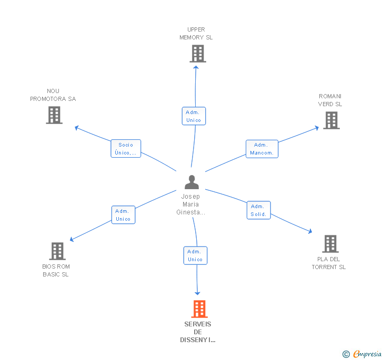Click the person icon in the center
tap(191, 182)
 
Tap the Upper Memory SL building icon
tap(197, 54)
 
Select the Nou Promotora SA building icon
tap(54, 115)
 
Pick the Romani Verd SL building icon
tap(331, 120)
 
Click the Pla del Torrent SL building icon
tap(330, 244)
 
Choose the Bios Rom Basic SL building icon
tap(57, 251)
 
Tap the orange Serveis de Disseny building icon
tap(199, 309)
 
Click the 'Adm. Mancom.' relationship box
tap(261, 149)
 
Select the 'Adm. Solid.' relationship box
tap(258, 210)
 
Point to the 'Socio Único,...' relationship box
tap(126, 149)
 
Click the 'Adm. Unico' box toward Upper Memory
tap(194, 116)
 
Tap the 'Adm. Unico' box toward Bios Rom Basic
tap(123, 215)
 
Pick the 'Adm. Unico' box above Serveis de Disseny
tap(195, 255)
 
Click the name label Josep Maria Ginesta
tap(191, 204)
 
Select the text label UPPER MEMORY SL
tap(196, 34)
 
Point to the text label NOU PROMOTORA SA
tap(53, 95)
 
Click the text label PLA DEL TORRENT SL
tap(328, 263)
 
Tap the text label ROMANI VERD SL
tap(330, 100)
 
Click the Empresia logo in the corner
tap(362, 354)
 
